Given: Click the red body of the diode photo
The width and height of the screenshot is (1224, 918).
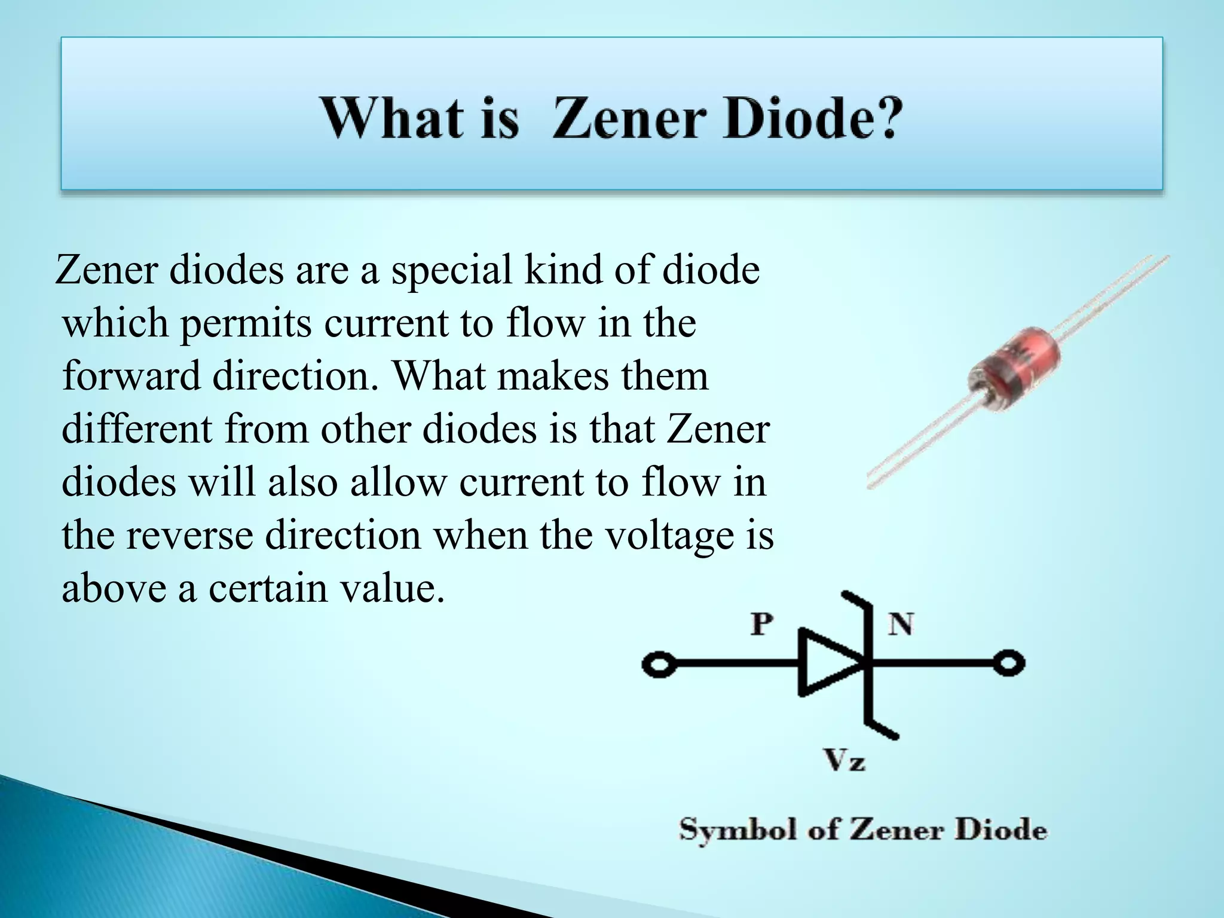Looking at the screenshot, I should [1014, 369].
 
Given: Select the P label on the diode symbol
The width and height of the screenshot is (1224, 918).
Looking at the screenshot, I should [761, 625].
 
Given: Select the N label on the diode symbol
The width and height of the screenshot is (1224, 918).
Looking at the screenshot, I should [900, 625].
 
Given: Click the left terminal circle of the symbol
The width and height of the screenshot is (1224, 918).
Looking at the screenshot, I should [658, 665].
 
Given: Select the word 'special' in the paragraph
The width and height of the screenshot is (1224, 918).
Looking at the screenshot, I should [451, 270].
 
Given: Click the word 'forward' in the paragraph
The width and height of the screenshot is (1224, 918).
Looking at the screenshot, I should [131, 377].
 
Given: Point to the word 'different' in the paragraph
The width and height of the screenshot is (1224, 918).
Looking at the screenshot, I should [136, 429].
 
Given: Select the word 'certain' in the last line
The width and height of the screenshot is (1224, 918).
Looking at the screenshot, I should [268, 589].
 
